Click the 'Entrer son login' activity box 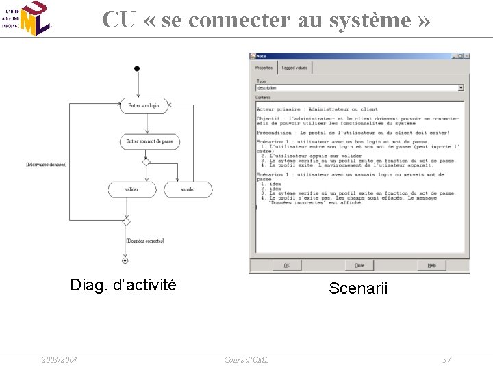coord(144,105)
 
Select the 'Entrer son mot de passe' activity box coord(149,141)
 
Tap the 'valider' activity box coord(131,189)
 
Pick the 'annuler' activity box coord(188,189)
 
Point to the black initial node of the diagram coord(137,68)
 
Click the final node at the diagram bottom coord(125,260)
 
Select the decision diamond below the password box coord(146,162)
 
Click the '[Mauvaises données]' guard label coord(47,165)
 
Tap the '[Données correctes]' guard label coord(145,241)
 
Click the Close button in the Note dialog coord(359,265)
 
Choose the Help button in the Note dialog coord(431,265)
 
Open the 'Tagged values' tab coord(294,68)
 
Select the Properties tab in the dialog coord(264,68)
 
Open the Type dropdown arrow coord(460,87)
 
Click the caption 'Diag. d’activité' coord(123,285)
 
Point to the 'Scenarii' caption coord(358,288)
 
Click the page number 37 coord(446,360)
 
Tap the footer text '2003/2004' coord(59,360)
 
